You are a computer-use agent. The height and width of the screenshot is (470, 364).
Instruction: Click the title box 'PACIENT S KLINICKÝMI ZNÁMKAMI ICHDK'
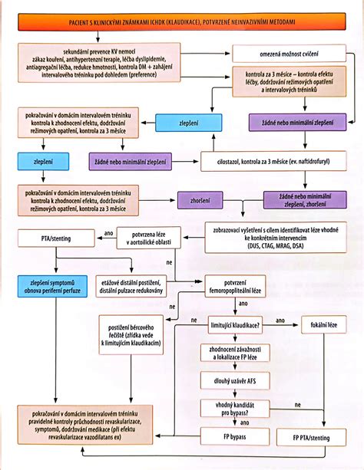[182, 25]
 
